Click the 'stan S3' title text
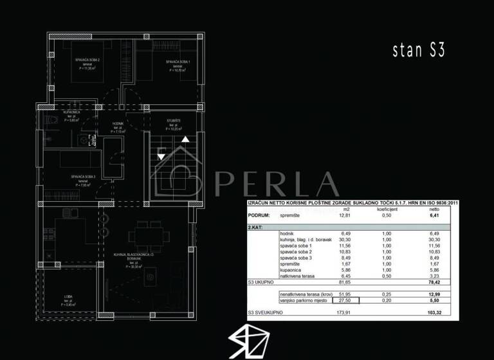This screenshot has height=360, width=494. click(x=418, y=51)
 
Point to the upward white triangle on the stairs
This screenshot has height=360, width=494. click(x=185, y=138)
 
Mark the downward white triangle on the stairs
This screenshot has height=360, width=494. click(x=161, y=156)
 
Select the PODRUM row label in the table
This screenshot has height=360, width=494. click(x=259, y=216)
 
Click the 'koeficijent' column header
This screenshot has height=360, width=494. click(x=387, y=209)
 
